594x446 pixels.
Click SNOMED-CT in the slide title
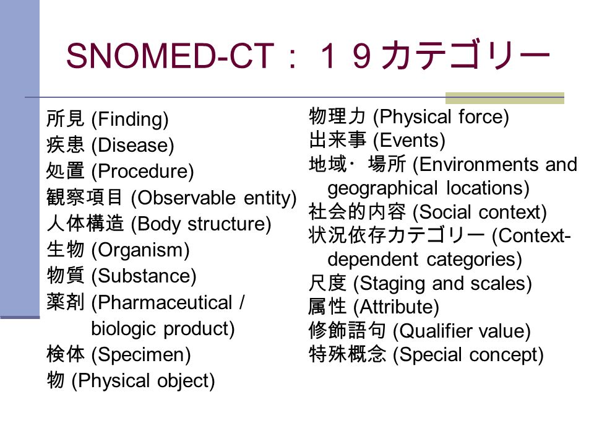click(x=170, y=56)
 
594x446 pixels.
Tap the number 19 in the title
click(x=346, y=56)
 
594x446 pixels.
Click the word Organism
click(x=140, y=250)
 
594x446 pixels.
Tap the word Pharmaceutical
click(x=165, y=303)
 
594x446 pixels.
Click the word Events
click(x=409, y=141)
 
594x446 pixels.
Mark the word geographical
click(x=382, y=189)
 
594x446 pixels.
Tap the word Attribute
click(x=396, y=307)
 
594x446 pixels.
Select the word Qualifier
click(x=431, y=331)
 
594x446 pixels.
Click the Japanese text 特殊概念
click(x=347, y=354)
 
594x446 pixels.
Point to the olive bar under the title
click(x=505, y=98)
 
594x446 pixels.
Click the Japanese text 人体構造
click(x=85, y=224)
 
